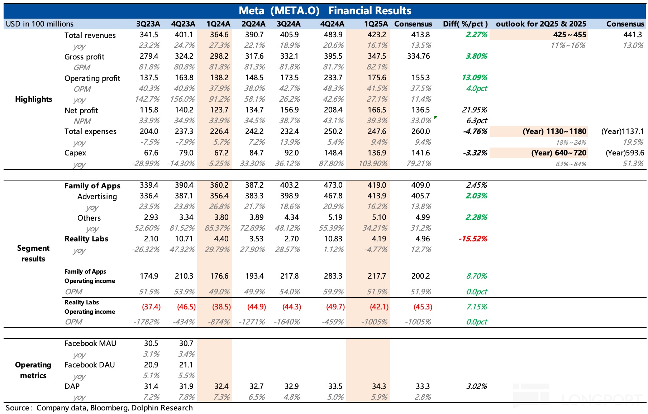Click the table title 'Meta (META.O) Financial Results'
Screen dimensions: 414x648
tap(325, 11)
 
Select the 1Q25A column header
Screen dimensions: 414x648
tap(376, 24)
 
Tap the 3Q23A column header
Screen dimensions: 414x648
tap(148, 24)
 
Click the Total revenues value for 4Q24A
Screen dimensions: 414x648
tap(333, 35)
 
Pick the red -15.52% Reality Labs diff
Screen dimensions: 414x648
tap(473, 239)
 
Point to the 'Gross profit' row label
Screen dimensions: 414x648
tap(84, 57)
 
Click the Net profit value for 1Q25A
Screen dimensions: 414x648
tap(377, 110)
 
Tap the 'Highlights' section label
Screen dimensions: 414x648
tap(34, 99)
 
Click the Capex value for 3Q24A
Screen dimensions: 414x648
tap(291, 153)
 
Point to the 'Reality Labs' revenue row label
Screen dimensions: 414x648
tap(86, 239)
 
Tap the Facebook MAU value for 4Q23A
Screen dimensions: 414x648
tap(186, 343)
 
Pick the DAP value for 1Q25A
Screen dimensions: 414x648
tap(379, 386)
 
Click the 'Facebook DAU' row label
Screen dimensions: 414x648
tap(90, 365)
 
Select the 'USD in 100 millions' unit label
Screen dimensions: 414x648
tap(39, 24)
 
